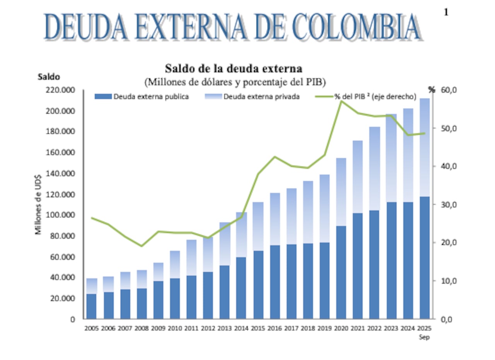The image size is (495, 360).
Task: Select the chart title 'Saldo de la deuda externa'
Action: (x=234, y=68)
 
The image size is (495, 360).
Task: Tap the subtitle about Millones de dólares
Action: (x=235, y=82)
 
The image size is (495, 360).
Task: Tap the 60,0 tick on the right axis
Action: (x=449, y=90)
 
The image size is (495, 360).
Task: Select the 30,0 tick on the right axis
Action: (x=449, y=205)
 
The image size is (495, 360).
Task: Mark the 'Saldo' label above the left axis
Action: (x=48, y=77)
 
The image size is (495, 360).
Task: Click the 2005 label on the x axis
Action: (x=92, y=328)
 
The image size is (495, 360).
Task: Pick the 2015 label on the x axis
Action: (x=258, y=328)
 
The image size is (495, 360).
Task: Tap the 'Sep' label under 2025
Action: (x=425, y=337)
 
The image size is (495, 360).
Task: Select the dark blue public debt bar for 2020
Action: (x=341, y=273)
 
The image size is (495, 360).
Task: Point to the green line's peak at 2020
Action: (x=341, y=101)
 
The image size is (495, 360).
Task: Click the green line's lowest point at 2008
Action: (x=142, y=246)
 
